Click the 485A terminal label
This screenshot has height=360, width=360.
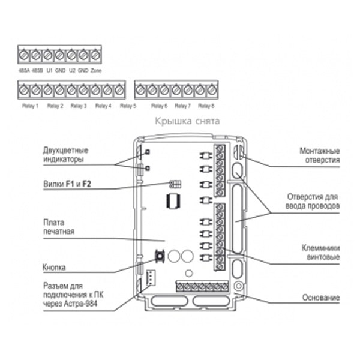pos(24,70)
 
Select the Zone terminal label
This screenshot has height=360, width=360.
pos(97,70)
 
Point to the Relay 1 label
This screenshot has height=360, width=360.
pos(29,106)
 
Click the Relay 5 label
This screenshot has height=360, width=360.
pos(128,106)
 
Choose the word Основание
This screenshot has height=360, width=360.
pos(321,298)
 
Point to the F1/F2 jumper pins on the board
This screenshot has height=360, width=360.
pos(176,185)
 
